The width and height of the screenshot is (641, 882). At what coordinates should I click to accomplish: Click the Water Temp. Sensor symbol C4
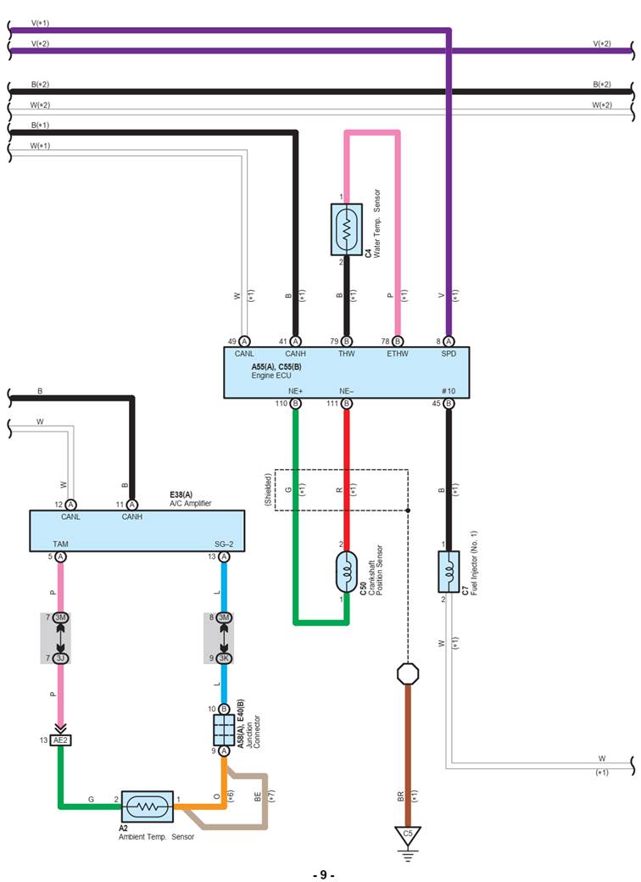coord(346,228)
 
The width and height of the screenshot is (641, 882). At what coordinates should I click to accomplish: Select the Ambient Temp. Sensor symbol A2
coord(147,807)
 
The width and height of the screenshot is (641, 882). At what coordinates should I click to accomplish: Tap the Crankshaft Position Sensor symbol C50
coord(346,572)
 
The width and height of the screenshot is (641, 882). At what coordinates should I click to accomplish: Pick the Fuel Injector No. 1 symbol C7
coord(448,571)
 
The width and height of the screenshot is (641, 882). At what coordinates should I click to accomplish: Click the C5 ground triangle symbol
coord(408,835)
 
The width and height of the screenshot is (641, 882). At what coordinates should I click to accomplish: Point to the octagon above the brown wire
coord(408,674)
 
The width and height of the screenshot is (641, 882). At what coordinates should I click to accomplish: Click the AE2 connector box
coord(60,740)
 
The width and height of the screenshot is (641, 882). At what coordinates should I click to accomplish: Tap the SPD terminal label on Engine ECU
coord(448,354)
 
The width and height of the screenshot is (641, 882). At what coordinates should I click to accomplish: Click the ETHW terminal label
coord(397,354)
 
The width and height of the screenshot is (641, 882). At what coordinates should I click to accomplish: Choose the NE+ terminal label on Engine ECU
coord(295,391)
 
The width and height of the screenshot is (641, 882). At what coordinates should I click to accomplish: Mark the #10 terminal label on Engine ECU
coord(448,391)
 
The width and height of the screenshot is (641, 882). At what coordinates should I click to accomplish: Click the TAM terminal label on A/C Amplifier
coord(60,544)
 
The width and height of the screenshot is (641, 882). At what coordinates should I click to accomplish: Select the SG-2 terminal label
coord(224,544)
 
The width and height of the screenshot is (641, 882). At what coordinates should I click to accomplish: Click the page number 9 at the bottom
coord(321,874)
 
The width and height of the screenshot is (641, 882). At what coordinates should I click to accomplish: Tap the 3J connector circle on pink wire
coord(60,658)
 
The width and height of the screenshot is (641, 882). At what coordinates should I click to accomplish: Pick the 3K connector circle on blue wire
coord(224,658)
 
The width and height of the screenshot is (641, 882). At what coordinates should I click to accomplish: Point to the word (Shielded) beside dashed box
coord(268,490)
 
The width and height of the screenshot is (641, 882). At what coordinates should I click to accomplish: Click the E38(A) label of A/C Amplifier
coord(181,494)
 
